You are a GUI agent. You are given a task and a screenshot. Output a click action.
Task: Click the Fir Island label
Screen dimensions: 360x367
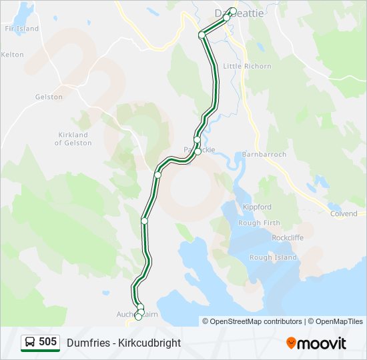[x=21, y=29]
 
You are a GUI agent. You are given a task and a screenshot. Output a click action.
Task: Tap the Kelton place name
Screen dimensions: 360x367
[x=13, y=55]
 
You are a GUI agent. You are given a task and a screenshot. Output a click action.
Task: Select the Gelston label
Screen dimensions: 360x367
[x=49, y=97]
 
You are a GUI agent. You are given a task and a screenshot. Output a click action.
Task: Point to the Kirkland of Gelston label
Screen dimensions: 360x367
[x=73, y=139]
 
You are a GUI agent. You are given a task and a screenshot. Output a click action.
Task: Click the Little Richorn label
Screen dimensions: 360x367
[x=247, y=66]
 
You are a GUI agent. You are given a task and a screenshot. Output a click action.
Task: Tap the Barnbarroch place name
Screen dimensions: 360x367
[x=265, y=154]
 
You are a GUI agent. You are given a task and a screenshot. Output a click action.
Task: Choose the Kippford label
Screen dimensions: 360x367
[x=258, y=207]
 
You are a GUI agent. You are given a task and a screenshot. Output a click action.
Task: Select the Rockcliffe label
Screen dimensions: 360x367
[x=288, y=237]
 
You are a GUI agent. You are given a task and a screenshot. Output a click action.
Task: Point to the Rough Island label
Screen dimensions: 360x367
[x=273, y=257]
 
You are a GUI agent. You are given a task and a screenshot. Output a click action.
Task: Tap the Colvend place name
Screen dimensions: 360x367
[x=344, y=213]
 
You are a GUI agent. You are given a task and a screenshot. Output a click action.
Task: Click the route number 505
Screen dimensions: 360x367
[x=47, y=342]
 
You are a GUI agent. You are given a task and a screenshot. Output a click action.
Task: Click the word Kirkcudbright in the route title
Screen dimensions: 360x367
[x=147, y=343]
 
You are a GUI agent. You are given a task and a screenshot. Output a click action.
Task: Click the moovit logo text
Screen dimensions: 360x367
[x=322, y=343]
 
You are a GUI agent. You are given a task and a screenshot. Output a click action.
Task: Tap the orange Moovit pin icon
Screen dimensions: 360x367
[x=291, y=343]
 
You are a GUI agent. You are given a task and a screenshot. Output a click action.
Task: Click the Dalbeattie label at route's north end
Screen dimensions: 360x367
[x=238, y=13]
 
